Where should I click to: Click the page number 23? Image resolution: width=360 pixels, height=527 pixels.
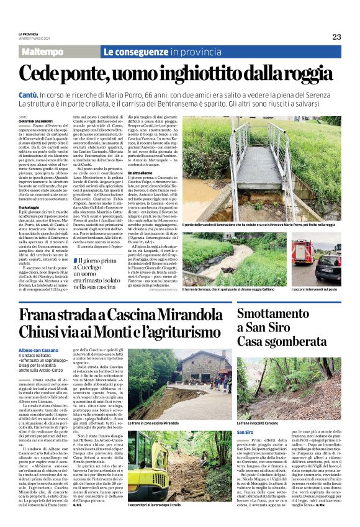coord(336,37)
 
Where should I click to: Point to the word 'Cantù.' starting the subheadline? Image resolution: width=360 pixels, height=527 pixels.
coord(29,91)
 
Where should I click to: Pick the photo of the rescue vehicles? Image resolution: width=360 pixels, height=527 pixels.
coord(317,258)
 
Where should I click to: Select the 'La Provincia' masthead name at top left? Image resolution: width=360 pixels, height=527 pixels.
coord(29,34)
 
